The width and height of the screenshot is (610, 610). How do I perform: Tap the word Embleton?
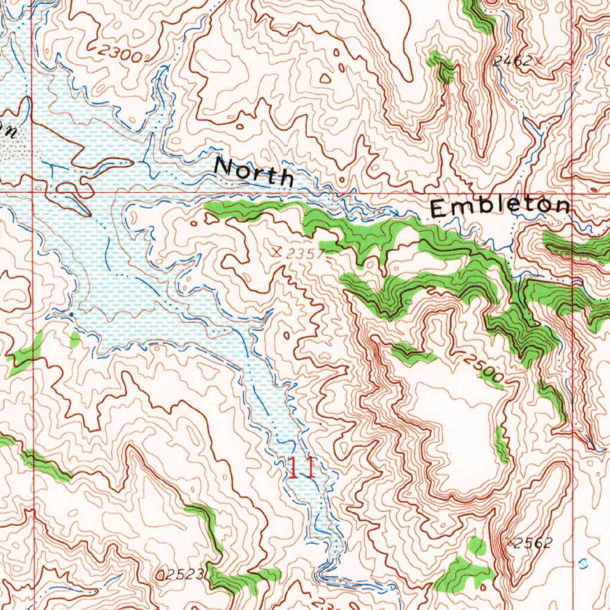coord(499,207)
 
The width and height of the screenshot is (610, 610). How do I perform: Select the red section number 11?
coord(301,468)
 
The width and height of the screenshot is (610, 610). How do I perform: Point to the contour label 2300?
coord(120,55)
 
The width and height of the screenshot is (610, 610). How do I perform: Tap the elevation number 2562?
coord(533,542)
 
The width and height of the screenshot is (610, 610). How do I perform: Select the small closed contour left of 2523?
coord(160,575)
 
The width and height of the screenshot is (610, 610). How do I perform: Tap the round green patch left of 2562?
coord(477,545)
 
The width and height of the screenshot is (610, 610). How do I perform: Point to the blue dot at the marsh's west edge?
coord(71,313)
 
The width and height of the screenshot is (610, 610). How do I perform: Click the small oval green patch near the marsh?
coord(75,340)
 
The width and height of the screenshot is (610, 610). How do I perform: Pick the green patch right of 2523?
coord(235,579)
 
